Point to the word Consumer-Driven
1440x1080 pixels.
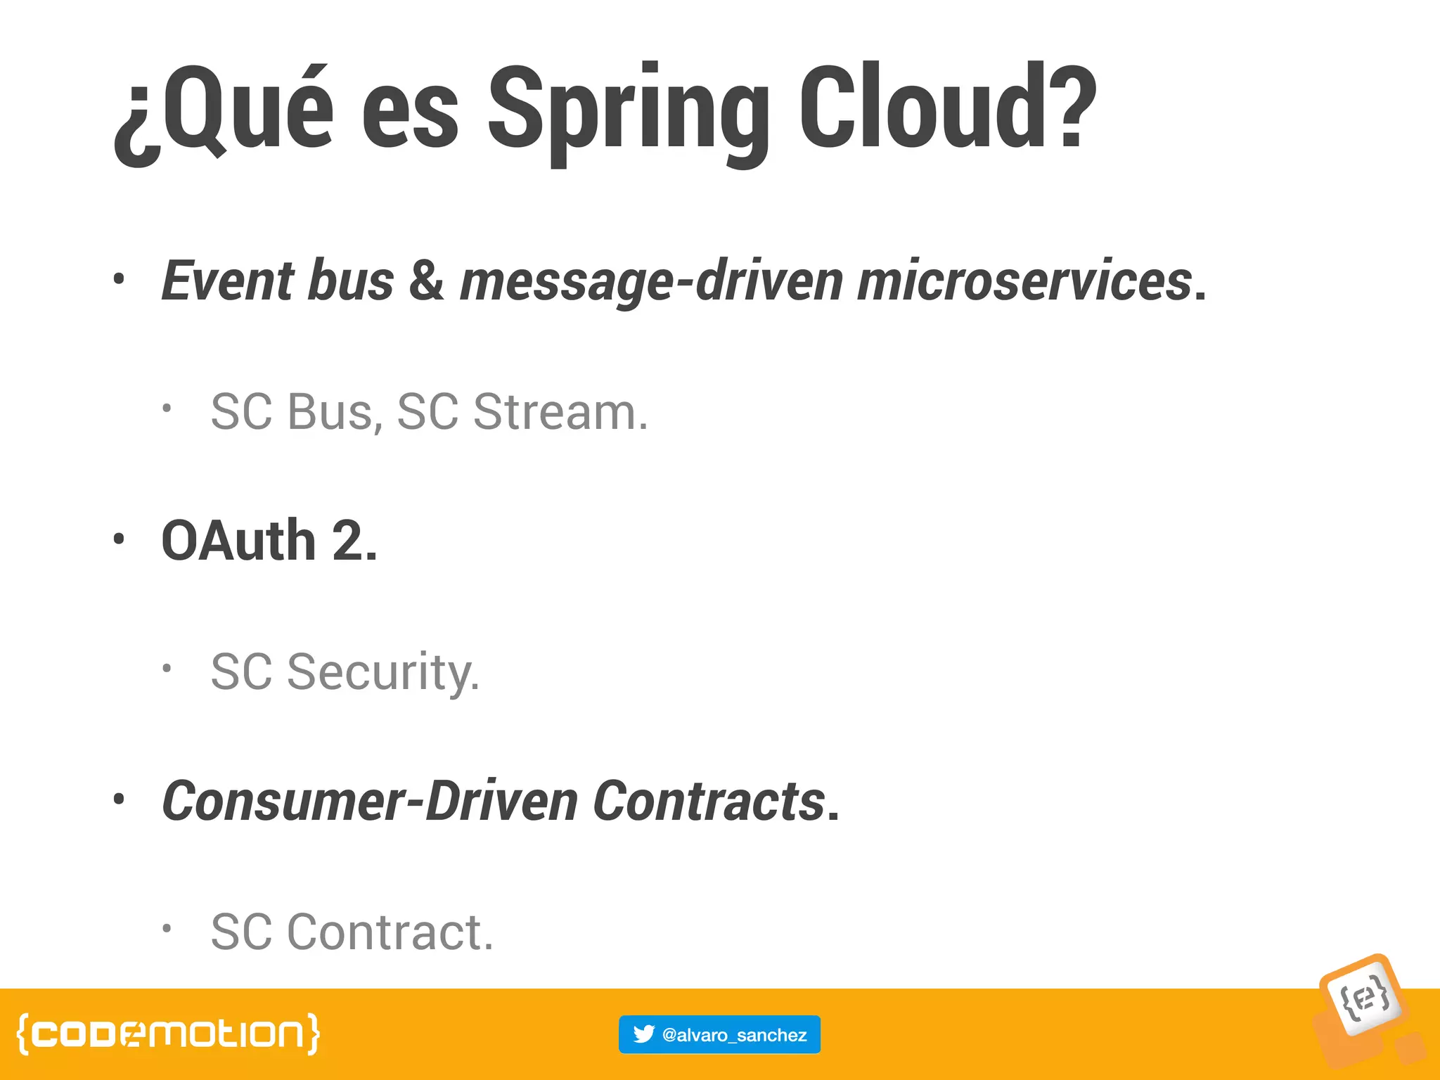click(370, 801)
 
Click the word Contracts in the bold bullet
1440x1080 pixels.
click(709, 801)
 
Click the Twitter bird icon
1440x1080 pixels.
click(643, 1034)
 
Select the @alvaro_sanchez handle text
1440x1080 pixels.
click(734, 1035)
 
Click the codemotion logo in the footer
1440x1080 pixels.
click(168, 1034)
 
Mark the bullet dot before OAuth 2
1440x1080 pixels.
click(119, 539)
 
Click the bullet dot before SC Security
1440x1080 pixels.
click(166, 668)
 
